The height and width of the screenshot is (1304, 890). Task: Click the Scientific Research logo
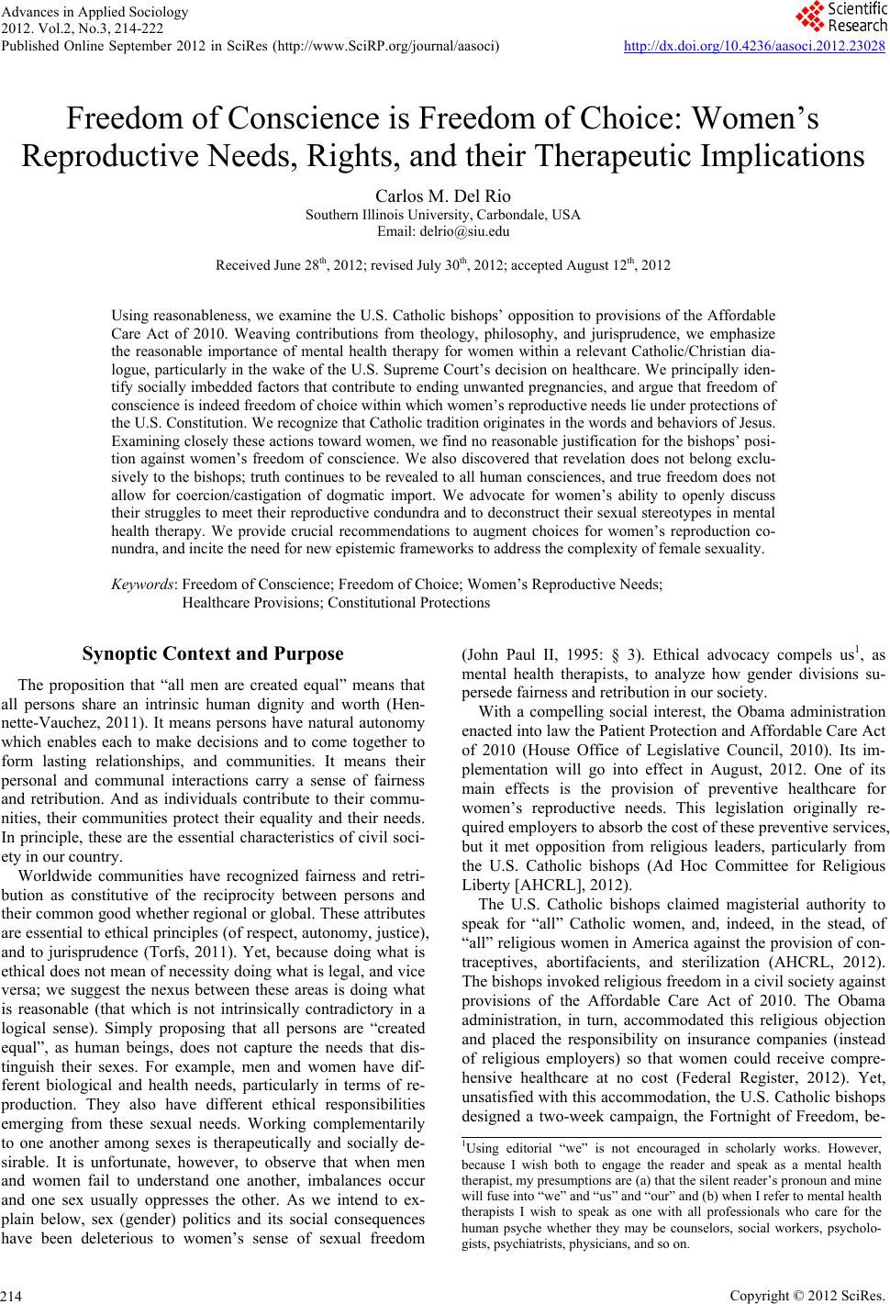(x=839, y=17)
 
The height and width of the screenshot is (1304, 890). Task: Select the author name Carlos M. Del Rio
(x=444, y=196)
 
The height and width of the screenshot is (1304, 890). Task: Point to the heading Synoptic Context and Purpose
(x=213, y=654)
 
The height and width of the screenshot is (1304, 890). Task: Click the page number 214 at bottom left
(x=12, y=1295)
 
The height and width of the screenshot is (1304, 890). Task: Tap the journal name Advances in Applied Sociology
(x=83, y=12)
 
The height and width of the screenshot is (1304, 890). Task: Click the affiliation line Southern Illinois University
(x=443, y=215)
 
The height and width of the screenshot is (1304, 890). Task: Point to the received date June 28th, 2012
(x=299, y=266)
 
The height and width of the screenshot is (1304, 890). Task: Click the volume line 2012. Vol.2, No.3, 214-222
(x=83, y=28)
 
